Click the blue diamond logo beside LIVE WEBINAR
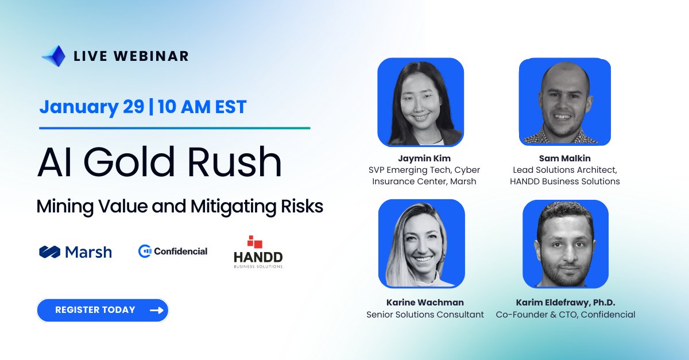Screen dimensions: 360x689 [53, 56]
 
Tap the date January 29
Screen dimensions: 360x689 [91, 107]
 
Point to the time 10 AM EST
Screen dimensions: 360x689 [201, 107]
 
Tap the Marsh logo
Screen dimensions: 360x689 [75, 251]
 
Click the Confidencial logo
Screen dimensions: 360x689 [173, 251]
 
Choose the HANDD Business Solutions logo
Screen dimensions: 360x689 [258, 252]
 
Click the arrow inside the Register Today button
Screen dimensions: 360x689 [156, 310]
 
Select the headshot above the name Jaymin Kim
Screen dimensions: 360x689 [420, 102]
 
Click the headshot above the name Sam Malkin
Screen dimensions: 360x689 [564, 102]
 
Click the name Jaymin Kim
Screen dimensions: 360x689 [424, 158]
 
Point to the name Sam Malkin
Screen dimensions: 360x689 [564, 158]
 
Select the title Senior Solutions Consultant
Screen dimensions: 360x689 [425, 315]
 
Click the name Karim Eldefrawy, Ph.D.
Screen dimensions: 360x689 [566, 302]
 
